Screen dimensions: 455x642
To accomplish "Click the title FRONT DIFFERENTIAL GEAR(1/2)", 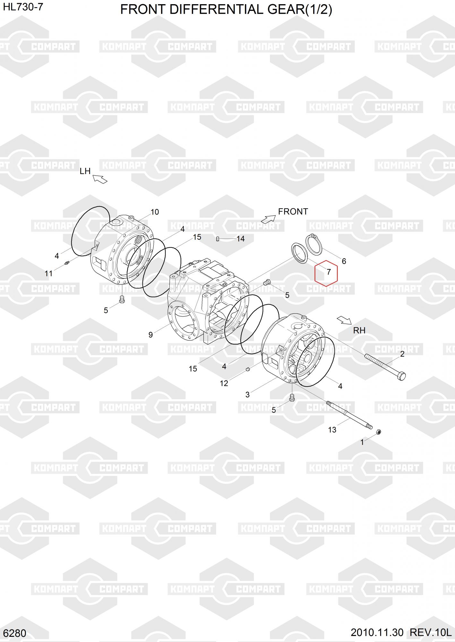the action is point(226,10).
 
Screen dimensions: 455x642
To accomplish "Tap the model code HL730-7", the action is point(23,7).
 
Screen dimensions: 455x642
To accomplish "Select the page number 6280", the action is point(16,633).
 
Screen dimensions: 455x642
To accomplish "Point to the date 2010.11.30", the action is point(377,632).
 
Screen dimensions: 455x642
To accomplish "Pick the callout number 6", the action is point(344,261).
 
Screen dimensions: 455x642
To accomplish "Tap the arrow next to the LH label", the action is point(100,179).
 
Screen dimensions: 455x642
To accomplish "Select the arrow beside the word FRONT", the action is point(268,219).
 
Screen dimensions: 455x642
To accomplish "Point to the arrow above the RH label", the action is point(344,320).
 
